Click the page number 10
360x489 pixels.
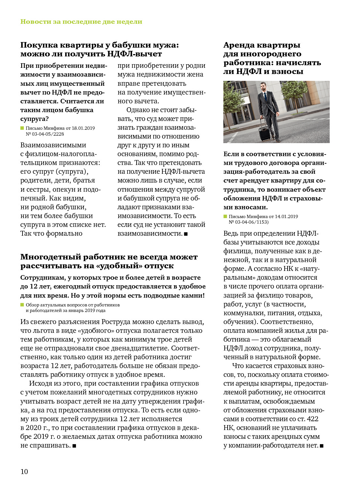coord(24,471)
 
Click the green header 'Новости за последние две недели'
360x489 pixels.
coord(81,22)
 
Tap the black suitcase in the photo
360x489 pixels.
coord(264,131)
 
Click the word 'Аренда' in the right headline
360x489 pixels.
coord(240,45)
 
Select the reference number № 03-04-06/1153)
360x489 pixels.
coord(248,222)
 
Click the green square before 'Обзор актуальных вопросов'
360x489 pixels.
coord(22,305)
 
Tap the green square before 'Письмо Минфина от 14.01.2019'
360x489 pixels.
coord(225,216)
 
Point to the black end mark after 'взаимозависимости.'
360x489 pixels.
coord(186,234)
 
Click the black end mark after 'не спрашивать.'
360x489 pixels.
coord(74,446)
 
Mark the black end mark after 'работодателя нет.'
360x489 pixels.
coord(322,446)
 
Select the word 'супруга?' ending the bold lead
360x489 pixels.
coord(34,119)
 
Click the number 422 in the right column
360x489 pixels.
coord(312,419)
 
